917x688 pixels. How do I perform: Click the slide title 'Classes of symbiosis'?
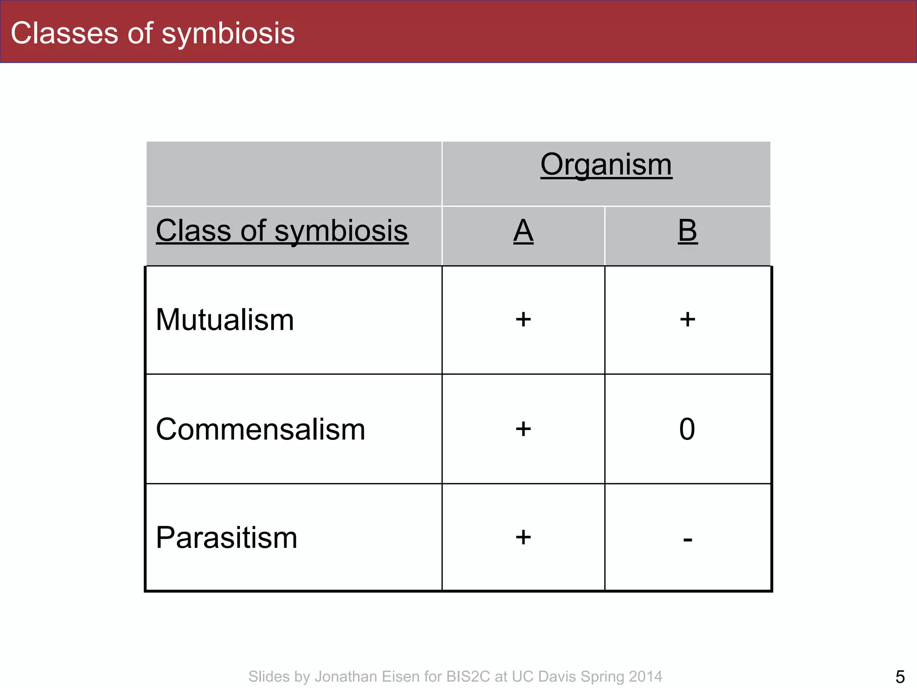pyautogui.click(x=153, y=33)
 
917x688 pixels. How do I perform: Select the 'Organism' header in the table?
pyautogui.click(x=606, y=164)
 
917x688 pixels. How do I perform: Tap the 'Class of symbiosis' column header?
pyautogui.click(x=282, y=231)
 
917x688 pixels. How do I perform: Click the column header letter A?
pyautogui.click(x=523, y=231)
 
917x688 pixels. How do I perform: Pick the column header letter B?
pyautogui.click(x=687, y=231)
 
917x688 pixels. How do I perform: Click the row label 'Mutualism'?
pyautogui.click(x=225, y=320)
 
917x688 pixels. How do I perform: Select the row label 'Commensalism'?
pyautogui.click(x=260, y=429)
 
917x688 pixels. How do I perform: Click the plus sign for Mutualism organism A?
pyautogui.click(x=523, y=320)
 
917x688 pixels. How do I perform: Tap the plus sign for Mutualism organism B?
pyautogui.click(x=687, y=320)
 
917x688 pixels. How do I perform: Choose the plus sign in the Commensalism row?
pyautogui.click(x=523, y=429)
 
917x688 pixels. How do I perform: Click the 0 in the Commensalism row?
pyautogui.click(x=687, y=429)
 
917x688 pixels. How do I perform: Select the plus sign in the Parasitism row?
pyautogui.click(x=523, y=537)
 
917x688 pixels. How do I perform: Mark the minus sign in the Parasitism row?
pyautogui.click(x=688, y=540)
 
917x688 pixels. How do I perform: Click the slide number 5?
pyautogui.click(x=900, y=676)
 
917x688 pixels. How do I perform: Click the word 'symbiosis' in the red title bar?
pyautogui.click(x=228, y=33)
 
